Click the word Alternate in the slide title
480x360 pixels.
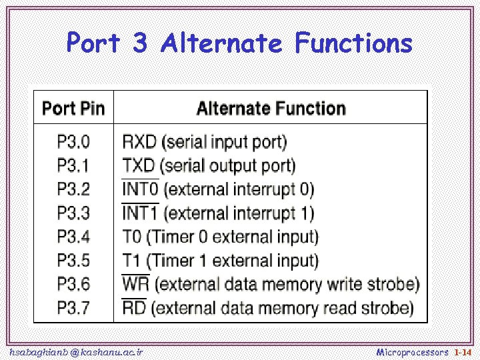pos(221,44)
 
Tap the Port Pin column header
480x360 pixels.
pos(74,109)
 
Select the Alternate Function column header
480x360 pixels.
pos(271,109)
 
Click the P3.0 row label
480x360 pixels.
pos(73,142)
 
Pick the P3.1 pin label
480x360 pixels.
pos(73,165)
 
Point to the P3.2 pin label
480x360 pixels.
pos(73,189)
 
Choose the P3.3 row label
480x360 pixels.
pos(73,213)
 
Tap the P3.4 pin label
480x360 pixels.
pos(73,237)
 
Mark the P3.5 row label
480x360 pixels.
pos(73,260)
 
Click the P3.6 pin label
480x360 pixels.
pos(73,284)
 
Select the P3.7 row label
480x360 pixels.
pos(73,308)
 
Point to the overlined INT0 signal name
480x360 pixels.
pos(141,189)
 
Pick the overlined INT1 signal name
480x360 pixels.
pos(141,213)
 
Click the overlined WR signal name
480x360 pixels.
pos(136,284)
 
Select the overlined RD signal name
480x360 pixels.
pos(135,308)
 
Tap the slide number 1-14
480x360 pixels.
pos(463,351)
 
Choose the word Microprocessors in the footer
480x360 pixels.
pos(413,351)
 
